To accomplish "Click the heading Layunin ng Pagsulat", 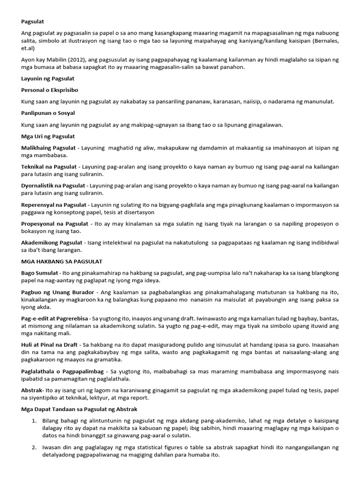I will (48, 78).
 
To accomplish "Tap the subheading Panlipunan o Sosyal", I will (48, 113).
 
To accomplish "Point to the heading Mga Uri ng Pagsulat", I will (48, 136).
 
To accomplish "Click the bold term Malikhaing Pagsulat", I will (48, 148).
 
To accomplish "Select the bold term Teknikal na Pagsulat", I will (49, 167).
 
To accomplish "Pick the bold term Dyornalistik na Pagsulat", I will (53, 186).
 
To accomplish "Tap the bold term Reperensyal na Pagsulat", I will (53, 205).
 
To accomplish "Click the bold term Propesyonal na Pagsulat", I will (54, 224).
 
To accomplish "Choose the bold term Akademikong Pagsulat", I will (52, 243).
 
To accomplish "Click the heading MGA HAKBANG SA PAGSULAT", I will (62, 261).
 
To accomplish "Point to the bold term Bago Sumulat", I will (39, 273).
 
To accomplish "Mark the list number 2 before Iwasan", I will (34, 448).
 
